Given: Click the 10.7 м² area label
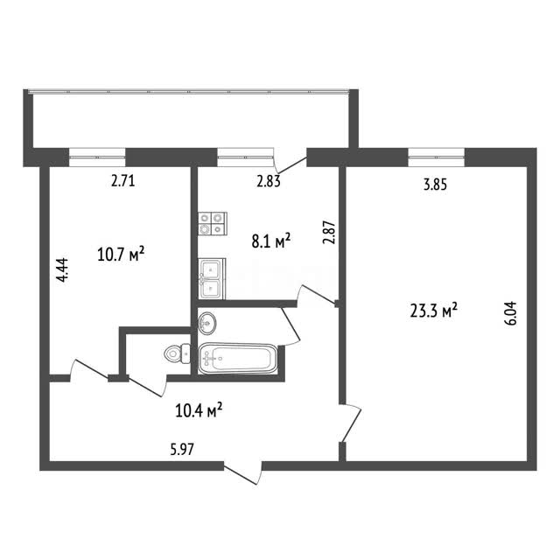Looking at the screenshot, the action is (x=121, y=255).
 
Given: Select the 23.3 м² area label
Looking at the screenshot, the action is (x=434, y=310).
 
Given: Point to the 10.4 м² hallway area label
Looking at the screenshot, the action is (x=199, y=410).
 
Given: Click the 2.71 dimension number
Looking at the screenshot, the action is (x=122, y=181).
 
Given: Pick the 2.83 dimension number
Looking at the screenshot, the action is (x=269, y=181).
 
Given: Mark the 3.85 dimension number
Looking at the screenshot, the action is (x=435, y=185).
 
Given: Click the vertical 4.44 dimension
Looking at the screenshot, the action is (x=62, y=270).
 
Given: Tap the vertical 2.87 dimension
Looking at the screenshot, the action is (x=329, y=232).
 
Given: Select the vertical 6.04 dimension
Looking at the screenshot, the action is (x=511, y=313).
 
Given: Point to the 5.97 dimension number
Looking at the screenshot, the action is (x=182, y=449).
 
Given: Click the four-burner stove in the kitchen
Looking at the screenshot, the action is (x=213, y=224).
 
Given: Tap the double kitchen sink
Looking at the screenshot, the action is (x=212, y=278).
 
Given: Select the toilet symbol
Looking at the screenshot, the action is (x=178, y=353).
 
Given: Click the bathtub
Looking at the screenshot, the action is (x=237, y=359).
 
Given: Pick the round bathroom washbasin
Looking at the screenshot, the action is (x=207, y=323).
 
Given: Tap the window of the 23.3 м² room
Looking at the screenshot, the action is (x=436, y=157).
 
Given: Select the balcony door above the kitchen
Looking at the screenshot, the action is (x=290, y=160).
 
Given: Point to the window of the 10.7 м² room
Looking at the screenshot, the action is (x=97, y=157).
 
